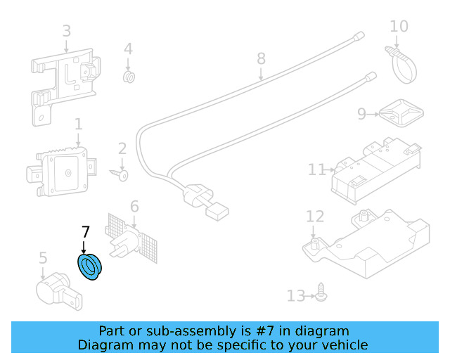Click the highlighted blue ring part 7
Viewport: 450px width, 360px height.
click(89, 268)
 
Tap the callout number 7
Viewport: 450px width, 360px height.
click(86, 232)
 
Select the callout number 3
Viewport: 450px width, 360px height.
click(66, 31)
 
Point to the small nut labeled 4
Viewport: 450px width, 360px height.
click(129, 77)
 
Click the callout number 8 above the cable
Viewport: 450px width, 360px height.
click(261, 58)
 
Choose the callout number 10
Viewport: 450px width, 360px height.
click(399, 27)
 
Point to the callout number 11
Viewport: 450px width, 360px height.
click(317, 169)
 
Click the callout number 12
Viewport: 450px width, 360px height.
click(314, 217)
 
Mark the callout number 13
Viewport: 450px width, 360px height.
click(297, 296)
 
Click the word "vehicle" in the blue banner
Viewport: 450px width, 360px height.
click(345, 345)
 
